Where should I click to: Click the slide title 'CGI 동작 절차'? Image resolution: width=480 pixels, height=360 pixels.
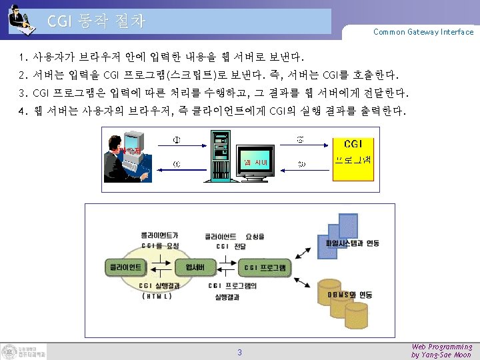click(x=96, y=21)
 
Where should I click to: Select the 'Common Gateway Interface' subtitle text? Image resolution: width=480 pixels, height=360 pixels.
click(x=423, y=32)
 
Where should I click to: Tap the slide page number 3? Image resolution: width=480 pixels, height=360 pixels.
click(x=240, y=352)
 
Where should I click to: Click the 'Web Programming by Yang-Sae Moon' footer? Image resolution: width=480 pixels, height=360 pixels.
click(x=441, y=351)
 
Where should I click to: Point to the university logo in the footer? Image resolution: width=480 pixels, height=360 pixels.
click(x=24, y=351)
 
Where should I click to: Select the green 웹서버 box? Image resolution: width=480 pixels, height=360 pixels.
click(x=199, y=267)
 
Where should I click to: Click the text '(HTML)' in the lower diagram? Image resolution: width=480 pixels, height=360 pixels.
click(x=158, y=297)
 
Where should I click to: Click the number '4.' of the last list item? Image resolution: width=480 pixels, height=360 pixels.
click(x=23, y=110)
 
